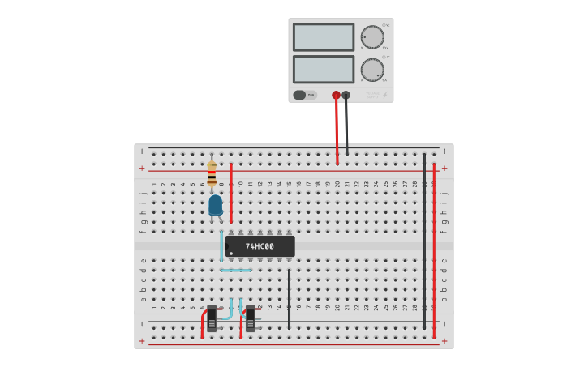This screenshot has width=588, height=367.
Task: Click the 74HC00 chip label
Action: pos(260,246)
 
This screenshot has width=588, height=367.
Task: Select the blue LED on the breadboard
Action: pos(215,205)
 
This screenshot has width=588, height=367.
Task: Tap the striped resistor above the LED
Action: pos(212,173)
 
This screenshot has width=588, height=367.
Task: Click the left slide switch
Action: pos(212,318)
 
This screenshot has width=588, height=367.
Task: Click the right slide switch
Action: pos(251,318)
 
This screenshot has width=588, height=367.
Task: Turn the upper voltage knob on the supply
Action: pos(371,37)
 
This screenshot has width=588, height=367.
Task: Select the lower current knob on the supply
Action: pos(371,70)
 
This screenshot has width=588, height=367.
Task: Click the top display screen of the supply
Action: pos(323,37)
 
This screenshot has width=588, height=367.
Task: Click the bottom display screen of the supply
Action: pos(323,69)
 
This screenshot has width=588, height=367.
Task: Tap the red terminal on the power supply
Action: pos(336,95)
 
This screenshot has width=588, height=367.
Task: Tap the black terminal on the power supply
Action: pos(346,95)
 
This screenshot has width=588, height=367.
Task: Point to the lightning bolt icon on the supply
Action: pos(384,95)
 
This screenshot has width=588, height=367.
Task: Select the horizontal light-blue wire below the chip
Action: pos(235,270)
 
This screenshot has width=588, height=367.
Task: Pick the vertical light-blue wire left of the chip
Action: pos(221,246)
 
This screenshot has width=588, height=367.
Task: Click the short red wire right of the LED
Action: pos(231,192)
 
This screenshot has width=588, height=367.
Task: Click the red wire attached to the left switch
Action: pos(203,326)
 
